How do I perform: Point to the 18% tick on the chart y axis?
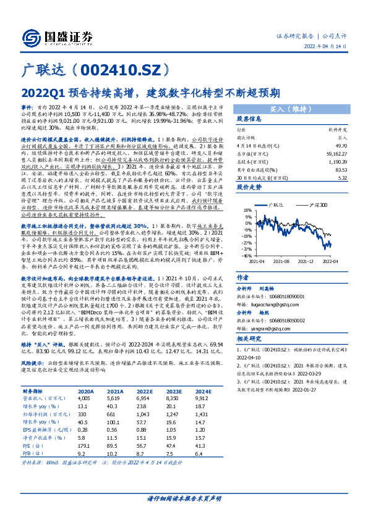point(246,210)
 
